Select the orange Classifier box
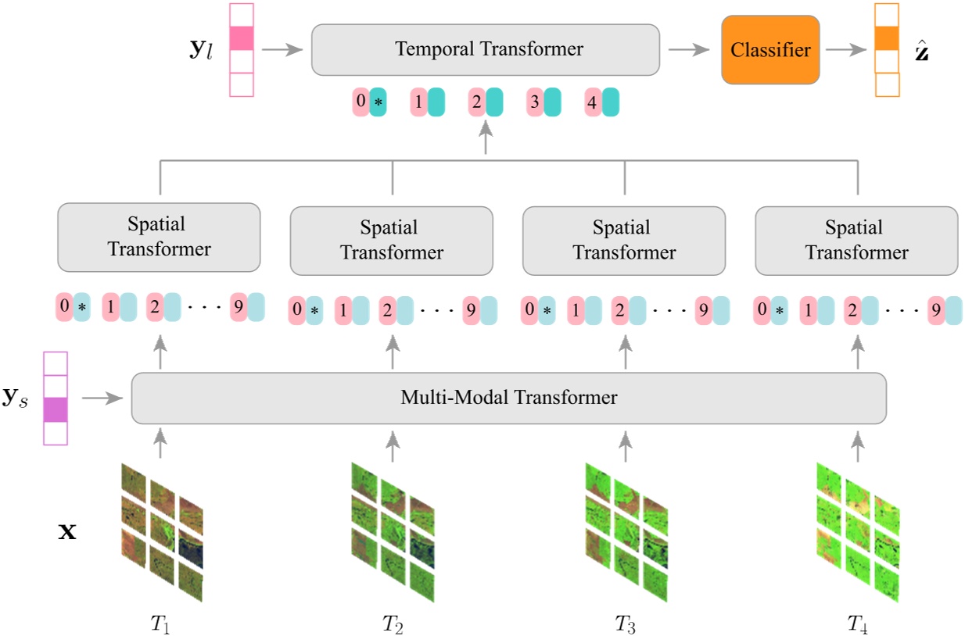770,50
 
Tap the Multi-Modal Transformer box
508,398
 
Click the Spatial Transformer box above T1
159,237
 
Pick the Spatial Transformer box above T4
856,241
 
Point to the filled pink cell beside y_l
242,38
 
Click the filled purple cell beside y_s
55,409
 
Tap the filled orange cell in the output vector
886,38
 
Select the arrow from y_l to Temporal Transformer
282,49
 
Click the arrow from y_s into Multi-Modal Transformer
103,398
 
